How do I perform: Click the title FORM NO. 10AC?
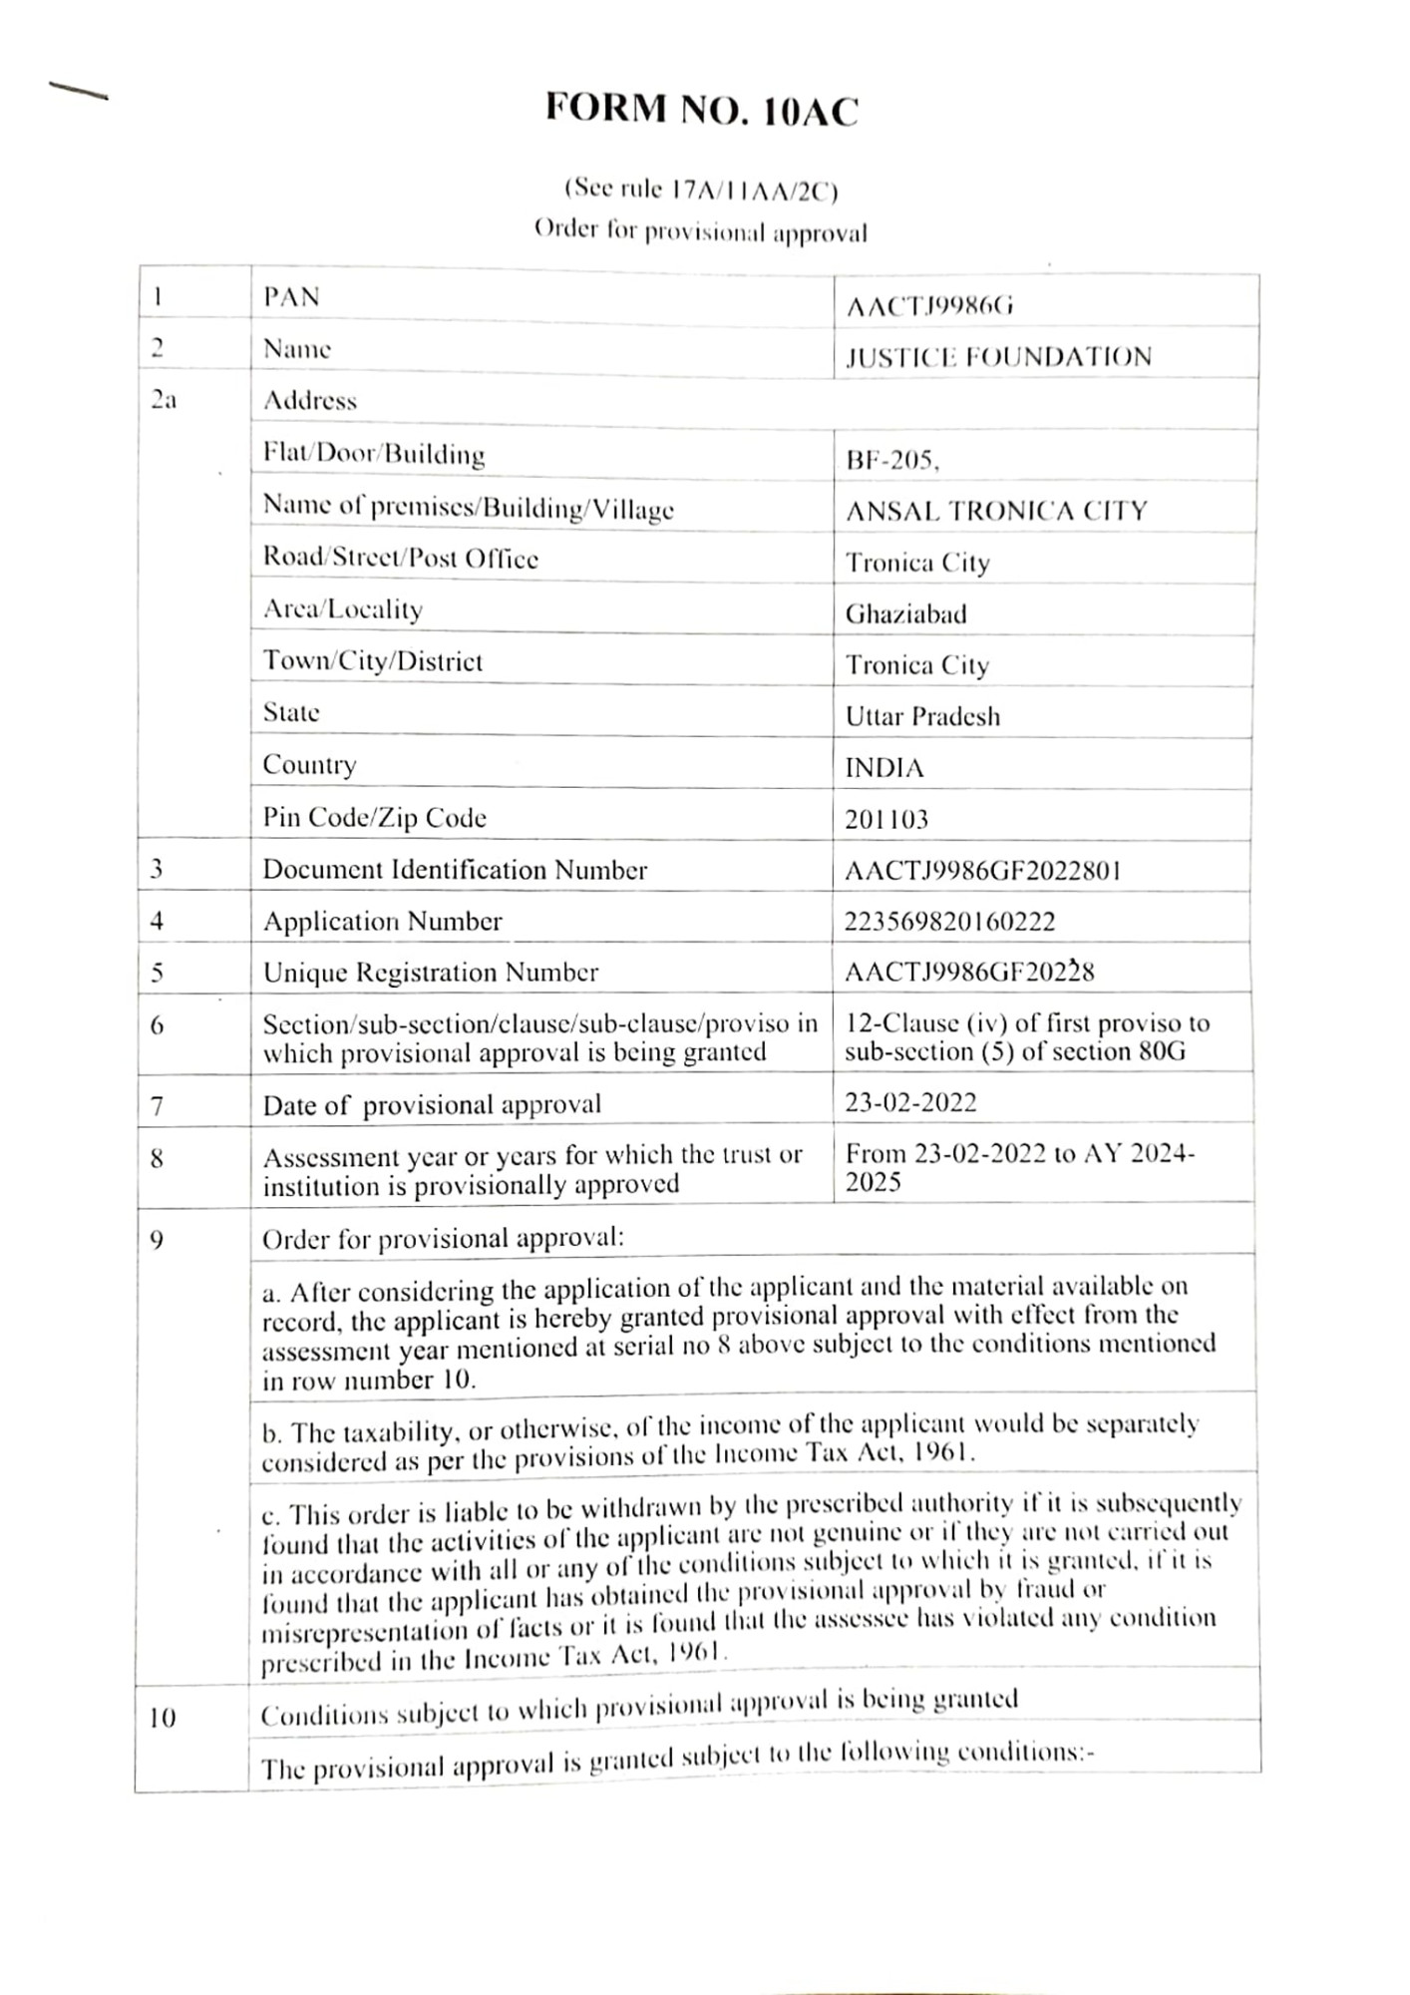pos(701,110)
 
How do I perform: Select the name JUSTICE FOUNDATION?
pos(998,357)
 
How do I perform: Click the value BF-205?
pos(891,460)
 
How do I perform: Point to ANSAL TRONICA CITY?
pos(996,511)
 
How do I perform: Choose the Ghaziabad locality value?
pos(905,613)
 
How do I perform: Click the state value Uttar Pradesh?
pos(922,716)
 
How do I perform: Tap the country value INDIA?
pos(884,768)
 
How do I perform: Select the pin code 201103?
pos(886,820)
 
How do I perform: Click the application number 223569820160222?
pos(949,922)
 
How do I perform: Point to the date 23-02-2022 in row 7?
pos(910,1102)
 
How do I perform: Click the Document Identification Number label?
pos(455,870)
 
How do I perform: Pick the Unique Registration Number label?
pos(431,973)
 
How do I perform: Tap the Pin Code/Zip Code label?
pos(375,818)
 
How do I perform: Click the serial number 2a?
pos(164,400)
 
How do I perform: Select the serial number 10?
pos(162,1718)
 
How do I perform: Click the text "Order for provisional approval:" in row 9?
pos(443,1239)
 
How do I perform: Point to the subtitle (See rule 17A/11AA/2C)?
pos(701,189)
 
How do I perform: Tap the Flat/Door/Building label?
pos(374,455)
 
